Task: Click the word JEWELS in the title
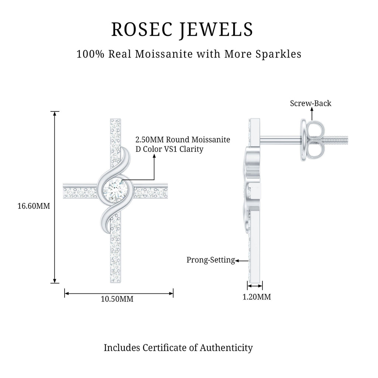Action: coord(217,30)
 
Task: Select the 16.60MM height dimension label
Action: coord(34,206)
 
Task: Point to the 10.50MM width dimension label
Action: coord(117,299)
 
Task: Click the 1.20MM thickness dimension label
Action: coord(257,297)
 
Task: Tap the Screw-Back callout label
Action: coord(310,103)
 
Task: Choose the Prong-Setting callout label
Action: coord(210,260)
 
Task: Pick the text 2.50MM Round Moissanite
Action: coord(183,140)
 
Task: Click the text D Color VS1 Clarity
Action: coord(169,150)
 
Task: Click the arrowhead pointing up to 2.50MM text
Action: coord(154,157)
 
